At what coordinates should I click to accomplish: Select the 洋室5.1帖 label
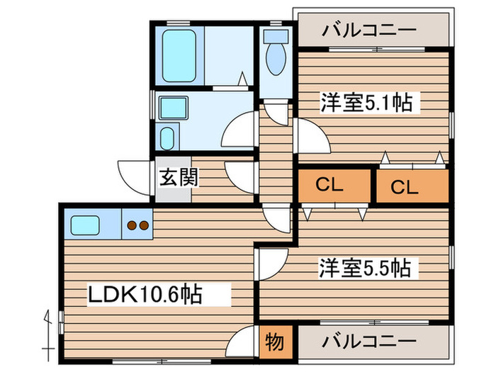coord(366,103)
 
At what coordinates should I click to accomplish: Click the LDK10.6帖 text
coord(145,293)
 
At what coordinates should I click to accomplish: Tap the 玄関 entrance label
coord(173,177)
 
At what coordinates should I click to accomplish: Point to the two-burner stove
coord(137,226)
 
